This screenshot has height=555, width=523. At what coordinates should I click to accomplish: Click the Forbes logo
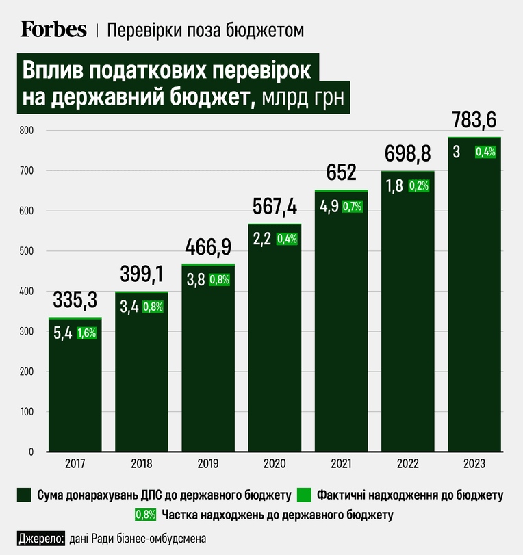(x=53, y=29)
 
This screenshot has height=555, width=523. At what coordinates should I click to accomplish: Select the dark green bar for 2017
(x=75, y=385)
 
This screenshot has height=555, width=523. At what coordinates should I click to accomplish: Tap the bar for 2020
(x=275, y=338)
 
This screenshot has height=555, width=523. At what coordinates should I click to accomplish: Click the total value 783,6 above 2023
(x=474, y=120)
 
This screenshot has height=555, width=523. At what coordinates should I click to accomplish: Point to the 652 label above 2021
(x=341, y=172)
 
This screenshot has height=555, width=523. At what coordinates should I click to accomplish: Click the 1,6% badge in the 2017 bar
(x=87, y=333)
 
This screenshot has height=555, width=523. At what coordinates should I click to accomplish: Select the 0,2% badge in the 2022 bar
(x=419, y=185)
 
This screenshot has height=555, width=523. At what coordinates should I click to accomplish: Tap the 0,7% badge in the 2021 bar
(x=353, y=207)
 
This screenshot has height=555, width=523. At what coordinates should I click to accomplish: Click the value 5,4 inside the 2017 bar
(x=63, y=333)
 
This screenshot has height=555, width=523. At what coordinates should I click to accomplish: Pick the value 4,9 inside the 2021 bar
(x=329, y=207)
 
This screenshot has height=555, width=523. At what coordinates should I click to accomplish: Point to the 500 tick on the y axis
(x=26, y=251)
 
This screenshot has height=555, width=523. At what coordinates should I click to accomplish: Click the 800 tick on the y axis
(x=26, y=130)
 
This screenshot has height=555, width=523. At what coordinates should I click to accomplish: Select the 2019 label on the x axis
(x=208, y=464)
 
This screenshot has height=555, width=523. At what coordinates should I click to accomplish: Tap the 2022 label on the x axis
(x=407, y=464)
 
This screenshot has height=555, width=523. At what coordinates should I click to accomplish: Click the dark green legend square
(x=24, y=495)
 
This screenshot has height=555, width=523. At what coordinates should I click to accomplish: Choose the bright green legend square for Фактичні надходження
(x=304, y=495)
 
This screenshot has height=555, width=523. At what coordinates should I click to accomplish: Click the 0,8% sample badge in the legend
(x=145, y=515)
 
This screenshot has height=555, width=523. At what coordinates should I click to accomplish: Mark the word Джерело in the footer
(x=40, y=539)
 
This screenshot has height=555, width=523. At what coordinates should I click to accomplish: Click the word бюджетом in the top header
(x=264, y=30)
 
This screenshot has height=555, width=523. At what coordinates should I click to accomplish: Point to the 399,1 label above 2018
(x=142, y=274)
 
